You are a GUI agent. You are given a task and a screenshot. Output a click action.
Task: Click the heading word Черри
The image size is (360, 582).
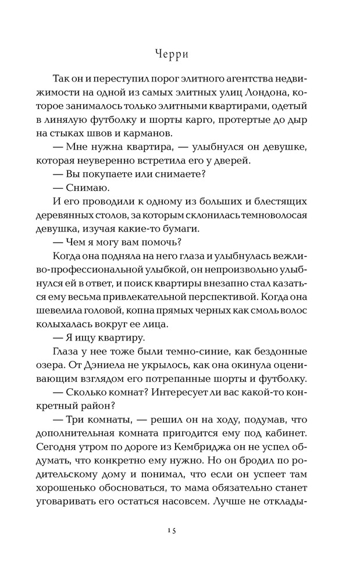(180, 54)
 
